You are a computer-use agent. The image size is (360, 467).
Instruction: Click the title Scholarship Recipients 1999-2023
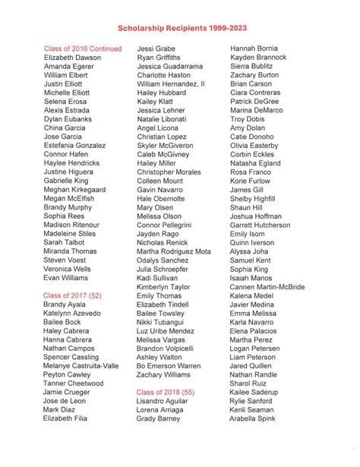pos(180,25)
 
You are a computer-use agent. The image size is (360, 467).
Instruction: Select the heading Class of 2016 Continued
pos(83,48)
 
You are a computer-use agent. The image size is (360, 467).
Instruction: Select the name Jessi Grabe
pos(156,48)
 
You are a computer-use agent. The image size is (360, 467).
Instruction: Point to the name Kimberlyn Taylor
pos(164,288)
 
